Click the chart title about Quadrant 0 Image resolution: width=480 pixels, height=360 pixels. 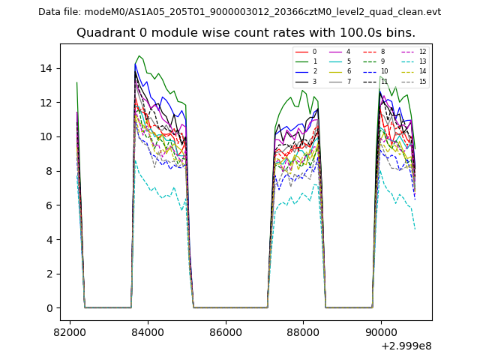pos(246,33)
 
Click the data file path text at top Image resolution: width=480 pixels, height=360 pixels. pos(239,12)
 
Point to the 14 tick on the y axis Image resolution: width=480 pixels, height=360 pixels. pos(46,68)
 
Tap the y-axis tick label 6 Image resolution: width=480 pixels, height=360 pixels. pos(49,205)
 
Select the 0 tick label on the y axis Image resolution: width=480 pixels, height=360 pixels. pos(49,308)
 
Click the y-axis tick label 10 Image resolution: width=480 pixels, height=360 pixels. pos(46,136)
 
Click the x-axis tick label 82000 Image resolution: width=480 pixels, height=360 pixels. pos(70,331)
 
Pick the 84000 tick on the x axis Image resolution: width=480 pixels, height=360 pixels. pos(147,331)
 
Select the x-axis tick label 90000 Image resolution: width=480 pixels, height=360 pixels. pos(380,331)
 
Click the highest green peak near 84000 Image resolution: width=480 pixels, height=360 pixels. pos(139,56)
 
